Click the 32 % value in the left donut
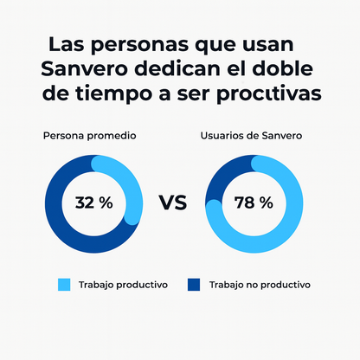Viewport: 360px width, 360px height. pyautogui.click(x=93, y=203)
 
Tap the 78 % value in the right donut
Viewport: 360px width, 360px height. pyautogui.click(x=253, y=203)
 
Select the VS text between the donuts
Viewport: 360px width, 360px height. pyautogui.click(x=173, y=203)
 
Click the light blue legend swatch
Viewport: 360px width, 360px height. pyautogui.click(x=63, y=284)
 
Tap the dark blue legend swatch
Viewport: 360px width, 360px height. pyautogui.click(x=193, y=284)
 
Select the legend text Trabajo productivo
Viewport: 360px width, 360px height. pyautogui.click(x=123, y=284)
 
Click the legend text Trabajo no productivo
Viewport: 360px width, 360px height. pyautogui.click(x=259, y=284)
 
